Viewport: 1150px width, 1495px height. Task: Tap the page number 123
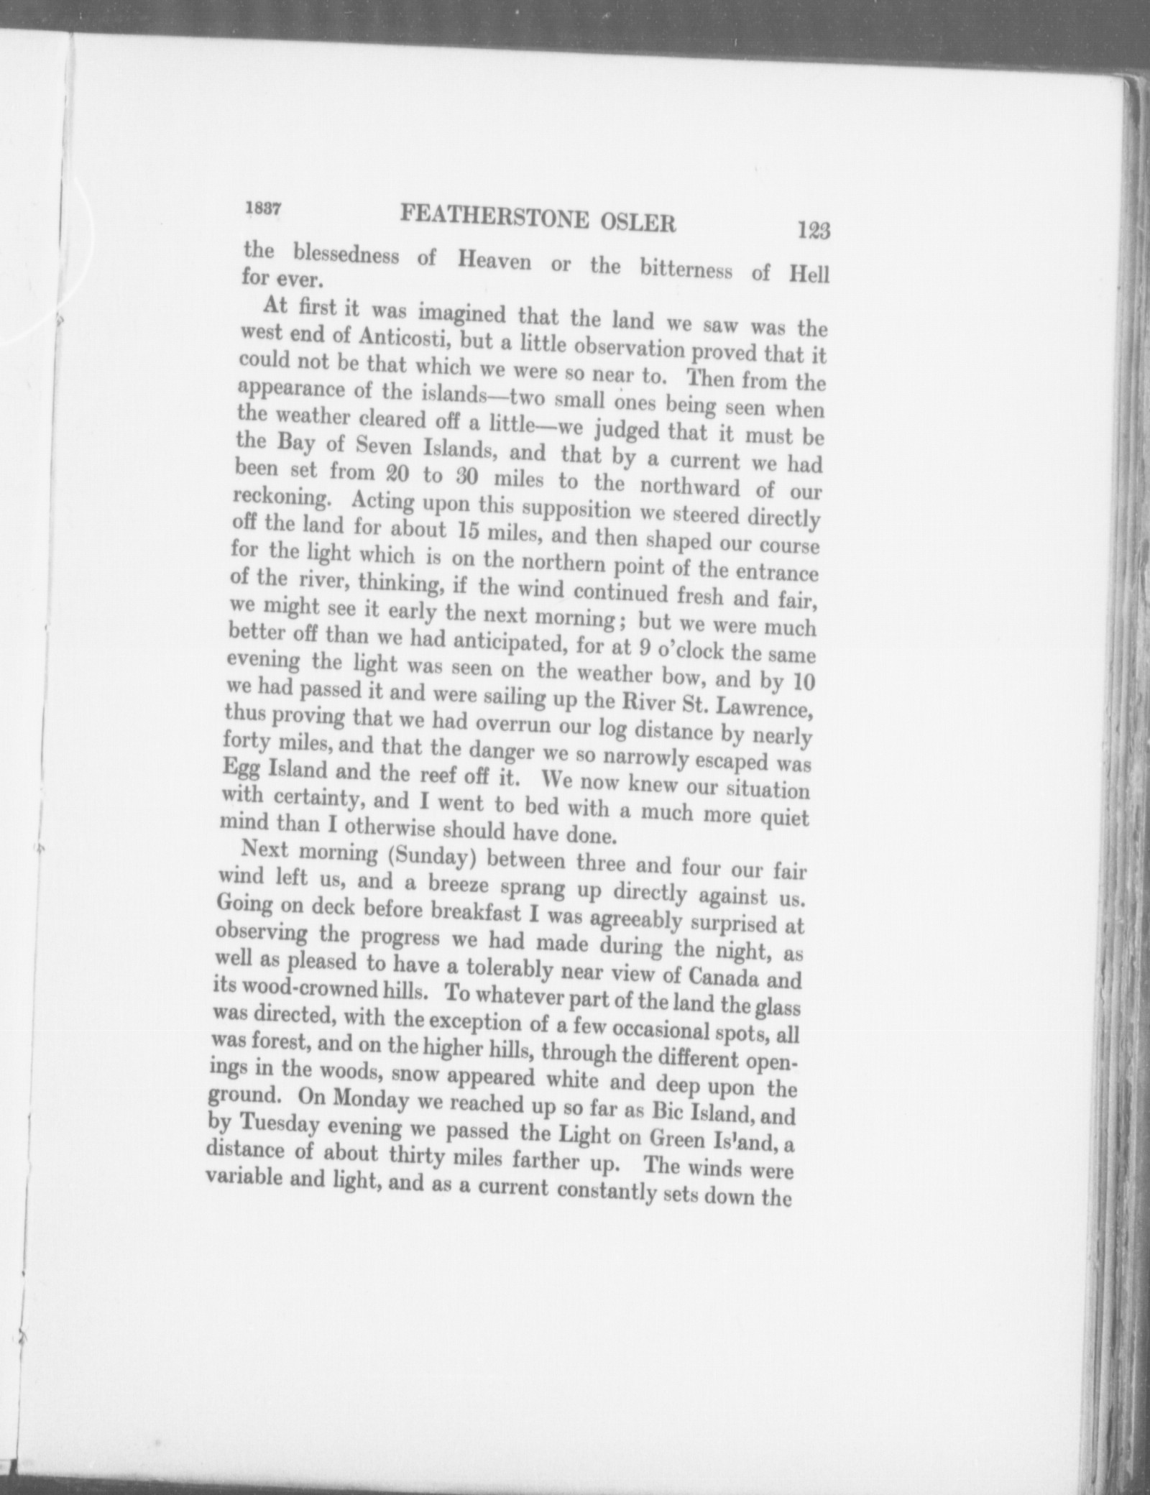[x=813, y=231]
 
